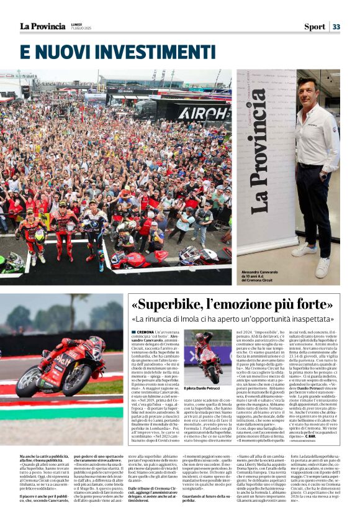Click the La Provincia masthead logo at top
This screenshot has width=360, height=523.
tap(42, 26)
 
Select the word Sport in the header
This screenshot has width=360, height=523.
tap(314, 27)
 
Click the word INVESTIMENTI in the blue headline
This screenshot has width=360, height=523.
tap(154, 51)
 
